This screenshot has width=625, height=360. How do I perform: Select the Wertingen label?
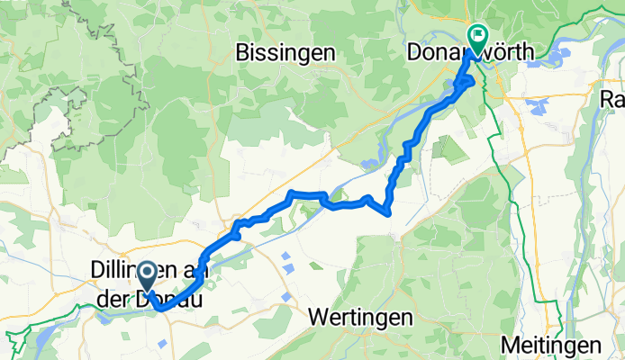tap(360, 317)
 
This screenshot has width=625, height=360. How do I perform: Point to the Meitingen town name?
tap(550, 346)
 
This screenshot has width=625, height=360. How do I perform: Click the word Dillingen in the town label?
tap(126, 270)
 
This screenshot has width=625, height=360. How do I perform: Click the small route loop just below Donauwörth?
tap(466, 83)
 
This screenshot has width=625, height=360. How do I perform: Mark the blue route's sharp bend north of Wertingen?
tap(388, 212)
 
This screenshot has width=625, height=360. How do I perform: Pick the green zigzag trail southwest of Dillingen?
tap(16, 342)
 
